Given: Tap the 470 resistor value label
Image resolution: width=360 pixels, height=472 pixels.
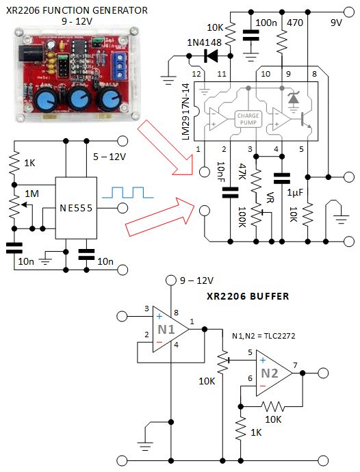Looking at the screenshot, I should click(x=296, y=23).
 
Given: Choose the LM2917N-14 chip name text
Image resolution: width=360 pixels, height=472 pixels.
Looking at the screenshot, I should click(x=186, y=109).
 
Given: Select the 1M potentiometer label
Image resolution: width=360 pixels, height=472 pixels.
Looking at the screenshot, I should click(x=32, y=194).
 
